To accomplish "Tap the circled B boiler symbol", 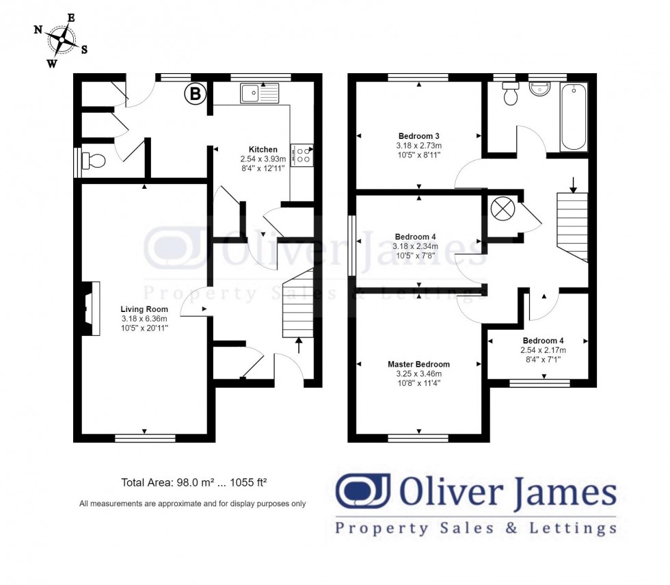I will point(195,94).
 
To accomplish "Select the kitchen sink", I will point(259,92).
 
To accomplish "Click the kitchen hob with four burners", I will point(301,154).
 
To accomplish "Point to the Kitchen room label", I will point(263,149).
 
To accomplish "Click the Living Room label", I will point(144,309).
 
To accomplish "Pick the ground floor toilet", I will point(93,161).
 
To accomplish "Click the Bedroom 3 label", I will point(418,135).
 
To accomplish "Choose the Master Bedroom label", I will point(418,364).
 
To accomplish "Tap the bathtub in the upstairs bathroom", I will point(574,117).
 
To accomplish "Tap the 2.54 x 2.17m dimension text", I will point(544,350).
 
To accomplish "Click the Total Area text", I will point(193,482).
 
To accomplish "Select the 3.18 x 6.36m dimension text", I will point(144,318).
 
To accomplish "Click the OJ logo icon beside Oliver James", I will point(362,491).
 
